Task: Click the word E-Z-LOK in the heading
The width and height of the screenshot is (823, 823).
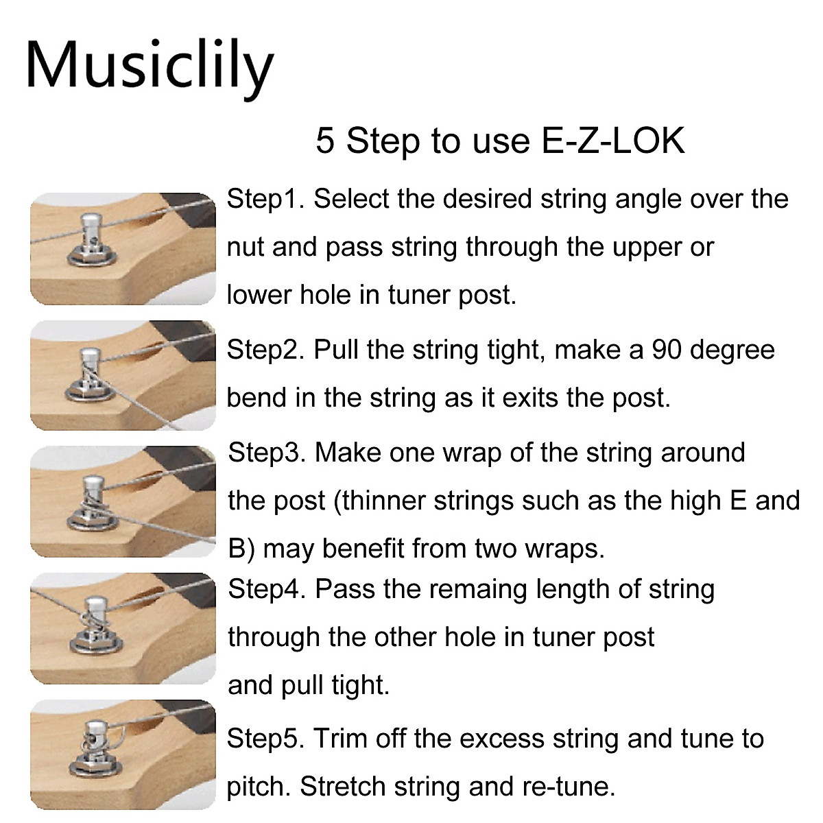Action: pyautogui.click(x=613, y=141)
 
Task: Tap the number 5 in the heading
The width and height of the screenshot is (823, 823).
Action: pyautogui.click(x=324, y=141)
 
